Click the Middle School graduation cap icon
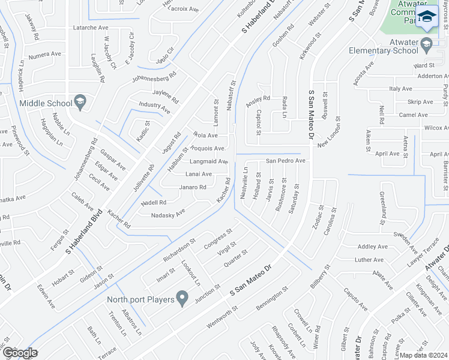79,103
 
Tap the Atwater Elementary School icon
426,43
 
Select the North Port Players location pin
183,298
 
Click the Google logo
19,352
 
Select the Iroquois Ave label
208,148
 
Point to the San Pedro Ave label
286,161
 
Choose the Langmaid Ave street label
208,161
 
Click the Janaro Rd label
193,187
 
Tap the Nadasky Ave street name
168,215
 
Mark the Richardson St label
179,251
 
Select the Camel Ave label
414,115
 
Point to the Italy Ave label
400,88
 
